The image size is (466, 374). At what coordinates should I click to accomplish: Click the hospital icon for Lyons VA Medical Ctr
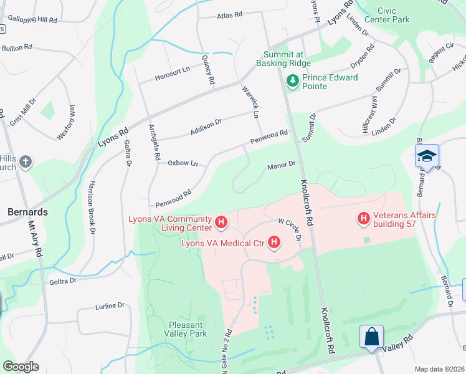coord(273,242)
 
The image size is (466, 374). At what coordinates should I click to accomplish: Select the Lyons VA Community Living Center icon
coord(220,222)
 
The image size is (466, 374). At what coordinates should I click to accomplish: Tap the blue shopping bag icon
coord(371,337)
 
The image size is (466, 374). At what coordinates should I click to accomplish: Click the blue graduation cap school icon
coord(427,156)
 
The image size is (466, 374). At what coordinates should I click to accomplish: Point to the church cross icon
coord(25,163)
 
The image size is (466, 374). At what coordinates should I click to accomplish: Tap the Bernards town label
coord(27,212)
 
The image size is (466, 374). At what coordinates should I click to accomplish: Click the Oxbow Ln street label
coord(183,163)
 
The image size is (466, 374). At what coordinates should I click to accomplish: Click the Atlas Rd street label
coord(229,16)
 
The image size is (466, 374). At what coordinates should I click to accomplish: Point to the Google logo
coord(21,367)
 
